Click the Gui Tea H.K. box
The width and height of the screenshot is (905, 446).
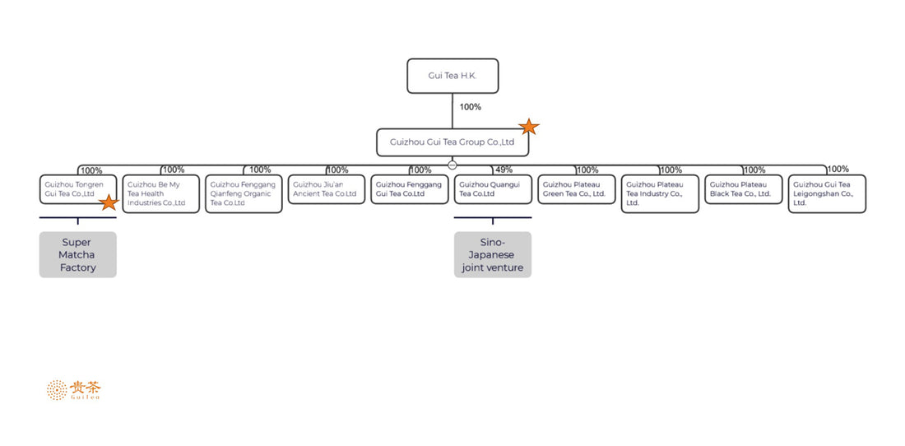pyautogui.click(x=452, y=76)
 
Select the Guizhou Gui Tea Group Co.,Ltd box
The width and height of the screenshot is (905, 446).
pyautogui.click(x=452, y=142)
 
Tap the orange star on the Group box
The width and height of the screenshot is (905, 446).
pyautogui.click(x=529, y=127)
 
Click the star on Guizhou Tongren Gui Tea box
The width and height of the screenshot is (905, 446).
pyautogui.click(x=109, y=202)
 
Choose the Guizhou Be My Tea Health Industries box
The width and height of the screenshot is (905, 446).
pyautogui.click(x=160, y=194)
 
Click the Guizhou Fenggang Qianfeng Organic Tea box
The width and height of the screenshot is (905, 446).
pyautogui.click(x=244, y=194)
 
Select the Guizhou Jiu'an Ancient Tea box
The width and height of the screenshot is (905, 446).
pyautogui.click(x=327, y=189)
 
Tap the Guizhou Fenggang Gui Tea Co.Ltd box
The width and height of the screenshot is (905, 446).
pyautogui.click(x=410, y=189)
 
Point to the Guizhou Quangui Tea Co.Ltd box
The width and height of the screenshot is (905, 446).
pyautogui.click(x=493, y=189)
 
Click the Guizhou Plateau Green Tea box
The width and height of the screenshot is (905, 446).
pyautogui.click(x=576, y=189)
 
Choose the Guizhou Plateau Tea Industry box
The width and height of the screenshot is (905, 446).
pyautogui.click(x=660, y=194)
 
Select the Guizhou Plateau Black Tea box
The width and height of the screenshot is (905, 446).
pyautogui.click(x=743, y=189)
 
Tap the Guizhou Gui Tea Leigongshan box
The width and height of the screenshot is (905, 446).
pyautogui.click(x=827, y=194)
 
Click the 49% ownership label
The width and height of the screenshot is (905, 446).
pyautogui.click(x=504, y=170)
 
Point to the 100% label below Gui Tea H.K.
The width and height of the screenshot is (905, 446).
pyautogui.click(x=471, y=107)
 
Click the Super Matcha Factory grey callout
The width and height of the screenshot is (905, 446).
pyautogui.click(x=78, y=255)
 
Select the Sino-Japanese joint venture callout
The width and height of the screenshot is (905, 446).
pyautogui.click(x=493, y=255)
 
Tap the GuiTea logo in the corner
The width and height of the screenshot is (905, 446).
pyautogui.click(x=75, y=390)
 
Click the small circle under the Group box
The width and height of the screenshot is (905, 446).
pyautogui.click(x=452, y=165)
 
